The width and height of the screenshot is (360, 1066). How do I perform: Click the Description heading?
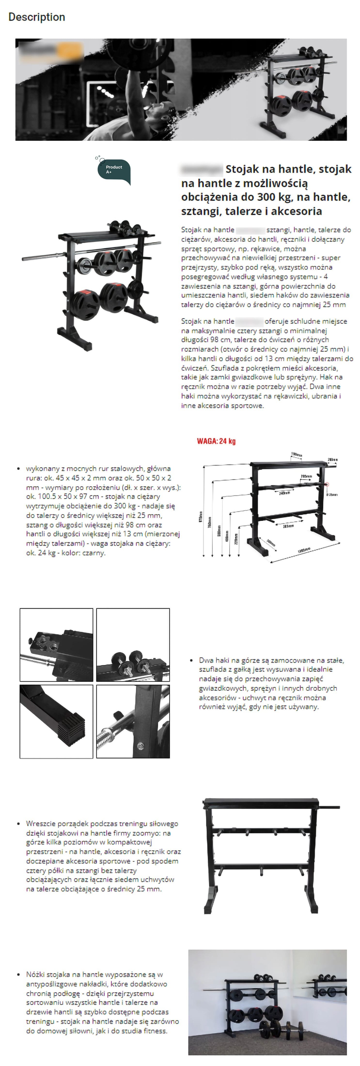point(37,17)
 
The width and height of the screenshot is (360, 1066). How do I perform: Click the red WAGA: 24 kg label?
point(216,441)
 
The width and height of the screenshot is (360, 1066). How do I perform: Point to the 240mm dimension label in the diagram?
point(284,493)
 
